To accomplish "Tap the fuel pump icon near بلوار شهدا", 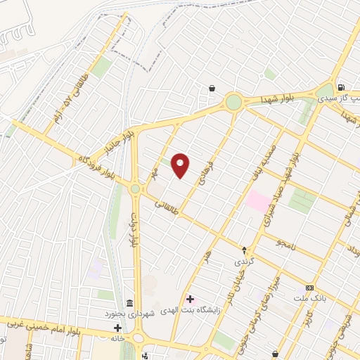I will pyautogui.click(x=341, y=88).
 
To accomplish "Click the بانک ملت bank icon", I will pyautogui.click(x=309, y=288).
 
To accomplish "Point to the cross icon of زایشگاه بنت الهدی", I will pyautogui.click(x=190, y=299).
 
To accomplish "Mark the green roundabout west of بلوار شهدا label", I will pyautogui.click(x=233, y=103).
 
